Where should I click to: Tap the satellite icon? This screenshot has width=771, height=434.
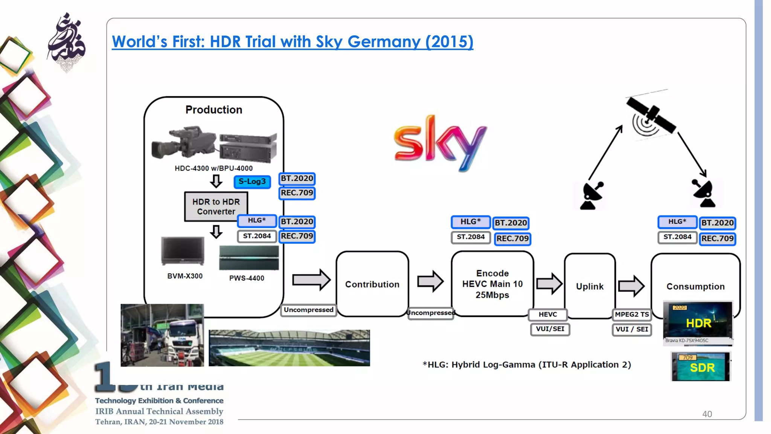pyautogui.click(x=651, y=116)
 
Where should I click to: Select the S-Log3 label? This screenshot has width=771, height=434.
pyautogui.click(x=252, y=182)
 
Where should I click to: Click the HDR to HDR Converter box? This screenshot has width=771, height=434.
pyautogui.click(x=216, y=206)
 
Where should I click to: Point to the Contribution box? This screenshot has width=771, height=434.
pyautogui.click(x=372, y=284)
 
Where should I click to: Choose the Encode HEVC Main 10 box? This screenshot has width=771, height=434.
pyautogui.click(x=492, y=284)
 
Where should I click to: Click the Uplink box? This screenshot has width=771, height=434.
pyautogui.click(x=590, y=286)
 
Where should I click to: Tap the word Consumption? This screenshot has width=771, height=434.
pyautogui.click(x=695, y=286)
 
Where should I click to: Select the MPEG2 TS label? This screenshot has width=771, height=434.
pyautogui.click(x=632, y=314)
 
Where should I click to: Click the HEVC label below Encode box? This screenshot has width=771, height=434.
pyautogui.click(x=547, y=314)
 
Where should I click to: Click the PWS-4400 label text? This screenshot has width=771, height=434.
pyautogui.click(x=247, y=278)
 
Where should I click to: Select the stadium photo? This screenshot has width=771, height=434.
pyautogui.click(x=289, y=348)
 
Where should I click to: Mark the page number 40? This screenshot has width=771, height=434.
pyautogui.click(x=707, y=414)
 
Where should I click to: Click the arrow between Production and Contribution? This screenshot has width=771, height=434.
pyautogui.click(x=311, y=280)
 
